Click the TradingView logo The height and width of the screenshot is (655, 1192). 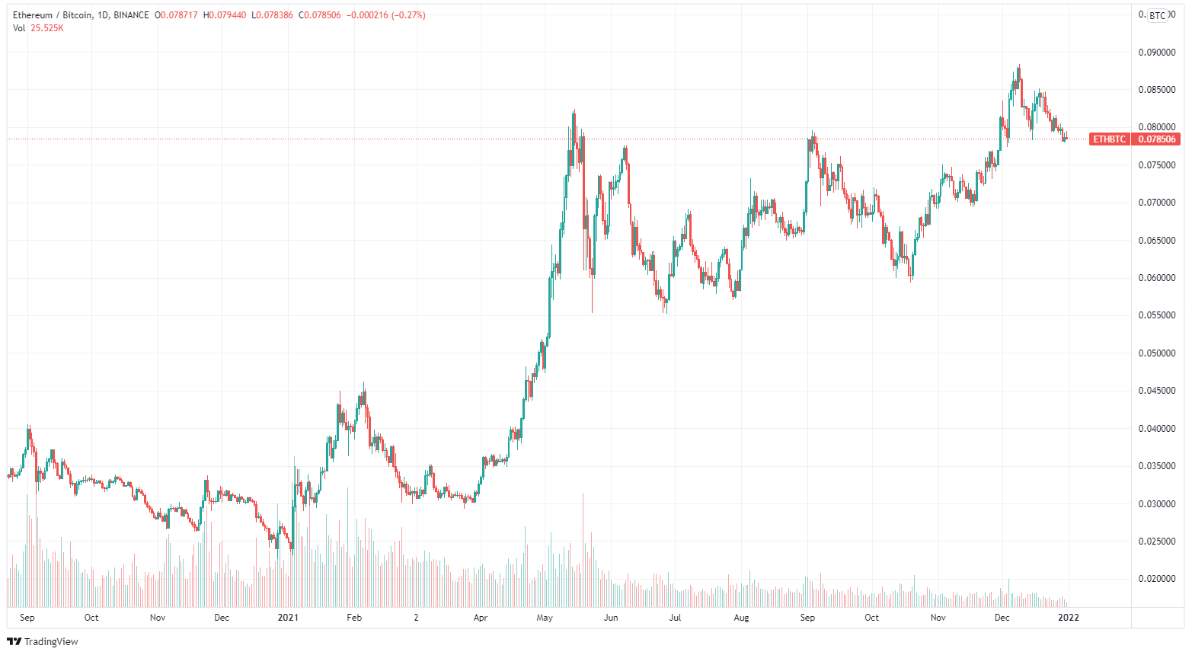[x=43, y=641]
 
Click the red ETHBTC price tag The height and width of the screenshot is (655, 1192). [x=1109, y=139]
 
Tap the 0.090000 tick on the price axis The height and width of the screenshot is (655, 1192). [x=1156, y=53]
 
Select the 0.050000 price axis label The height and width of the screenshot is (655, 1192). [x=1156, y=353]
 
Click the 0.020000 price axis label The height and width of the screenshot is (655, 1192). [x=1156, y=579]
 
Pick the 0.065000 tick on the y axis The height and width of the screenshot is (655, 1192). [x=1156, y=241]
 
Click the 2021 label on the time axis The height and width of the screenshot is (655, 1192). [x=288, y=618]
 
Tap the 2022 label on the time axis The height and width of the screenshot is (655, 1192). [x=1069, y=618]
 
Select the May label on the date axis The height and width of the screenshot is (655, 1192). [x=545, y=618]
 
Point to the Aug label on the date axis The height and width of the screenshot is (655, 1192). [x=741, y=618]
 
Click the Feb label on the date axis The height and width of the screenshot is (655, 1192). [x=353, y=618]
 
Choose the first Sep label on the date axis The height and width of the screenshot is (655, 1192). [x=27, y=618]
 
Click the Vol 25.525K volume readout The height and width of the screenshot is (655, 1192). [x=38, y=28]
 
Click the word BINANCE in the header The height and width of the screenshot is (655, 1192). [x=131, y=15]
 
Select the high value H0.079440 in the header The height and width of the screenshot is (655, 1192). [x=225, y=15]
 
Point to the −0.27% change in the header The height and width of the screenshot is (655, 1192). [x=410, y=15]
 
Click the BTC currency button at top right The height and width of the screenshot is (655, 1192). [x=1158, y=15]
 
